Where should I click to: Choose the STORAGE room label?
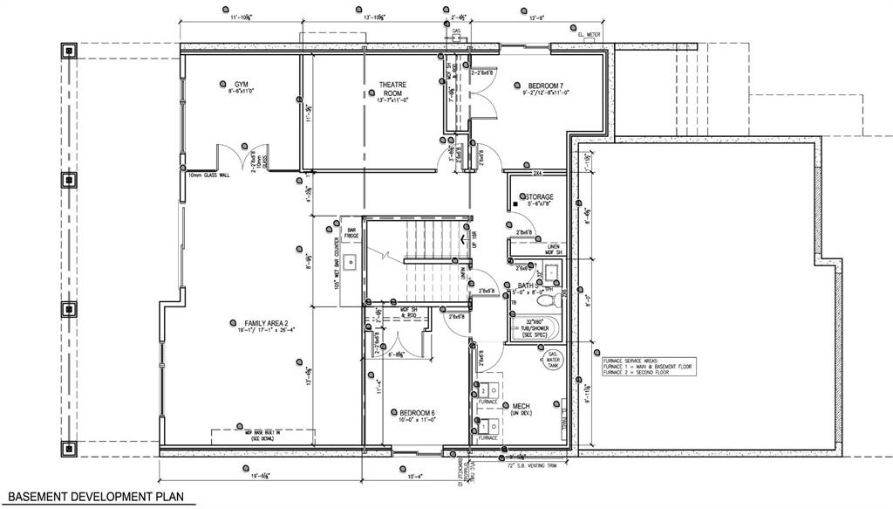(538, 198)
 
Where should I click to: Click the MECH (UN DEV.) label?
(522, 409)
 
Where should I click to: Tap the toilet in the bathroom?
(547, 301)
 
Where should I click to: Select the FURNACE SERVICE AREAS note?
(646, 364)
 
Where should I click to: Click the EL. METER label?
(590, 34)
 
